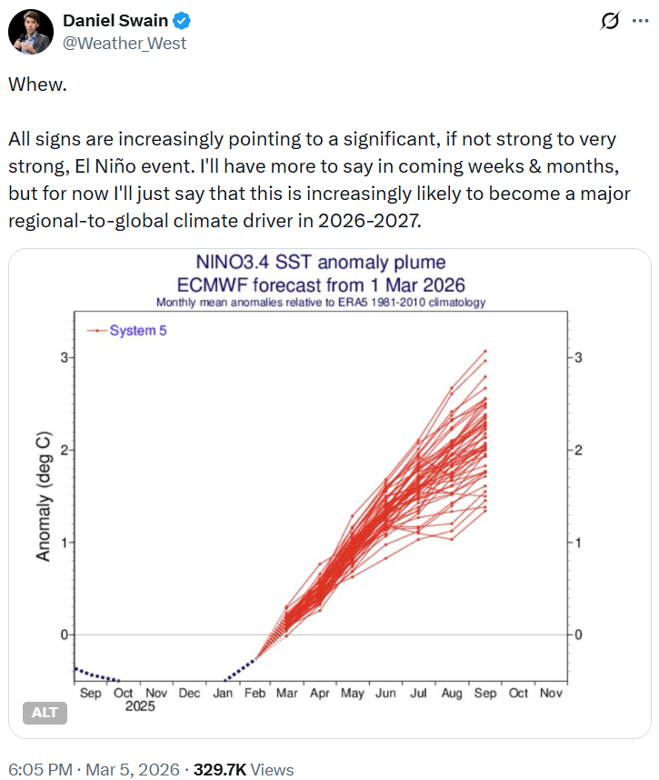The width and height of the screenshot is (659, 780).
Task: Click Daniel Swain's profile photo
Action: [x=30, y=32]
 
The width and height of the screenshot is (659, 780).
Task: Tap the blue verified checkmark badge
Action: [x=182, y=21]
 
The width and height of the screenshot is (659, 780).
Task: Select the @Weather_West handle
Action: [x=124, y=43]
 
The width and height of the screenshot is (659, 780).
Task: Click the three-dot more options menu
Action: [x=638, y=21]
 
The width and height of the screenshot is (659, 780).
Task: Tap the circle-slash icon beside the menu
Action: [x=610, y=21]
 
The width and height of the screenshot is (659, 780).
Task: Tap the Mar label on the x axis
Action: [x=287, y=693]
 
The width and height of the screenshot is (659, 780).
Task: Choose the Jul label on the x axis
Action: [x=419, y=693]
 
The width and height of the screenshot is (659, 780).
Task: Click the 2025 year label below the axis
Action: [x=140, y=706]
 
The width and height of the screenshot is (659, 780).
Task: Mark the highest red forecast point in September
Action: [x=484, y=350]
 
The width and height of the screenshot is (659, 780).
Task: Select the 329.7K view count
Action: [x=219, y=769]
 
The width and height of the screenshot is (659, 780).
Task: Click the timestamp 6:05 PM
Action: [x=40, y=769]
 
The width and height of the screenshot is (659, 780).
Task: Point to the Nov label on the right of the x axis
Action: [x=551, y=693]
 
